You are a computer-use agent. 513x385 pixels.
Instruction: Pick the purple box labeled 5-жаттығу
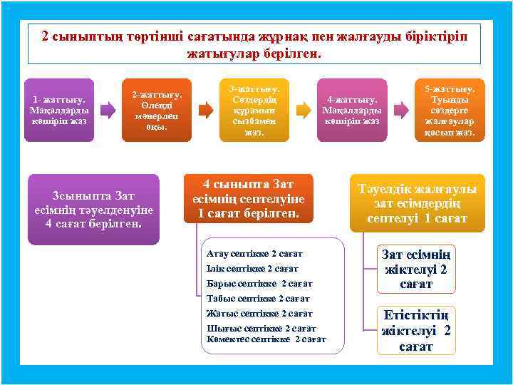[450, 110]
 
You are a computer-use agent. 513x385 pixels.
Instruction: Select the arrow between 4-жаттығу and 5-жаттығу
[400, 110]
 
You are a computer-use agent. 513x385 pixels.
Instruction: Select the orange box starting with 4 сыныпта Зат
[248, 199]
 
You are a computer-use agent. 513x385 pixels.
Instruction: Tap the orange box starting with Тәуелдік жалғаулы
[417, 203]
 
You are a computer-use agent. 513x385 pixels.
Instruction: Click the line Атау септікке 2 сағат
[254, 253]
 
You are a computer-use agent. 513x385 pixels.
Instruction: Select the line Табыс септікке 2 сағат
[257, 298]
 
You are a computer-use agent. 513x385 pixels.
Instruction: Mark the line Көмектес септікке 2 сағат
[266, 339]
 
